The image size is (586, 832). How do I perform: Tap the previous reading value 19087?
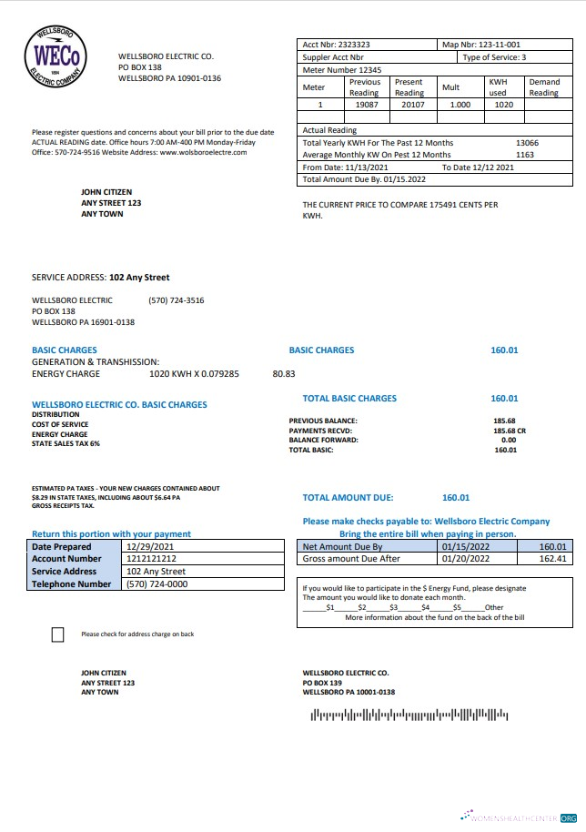pos(364,105)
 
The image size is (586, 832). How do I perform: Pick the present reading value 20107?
pos(408,105)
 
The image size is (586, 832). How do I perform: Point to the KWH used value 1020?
pos(502,105)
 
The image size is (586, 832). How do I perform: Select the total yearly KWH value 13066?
pos(527,143)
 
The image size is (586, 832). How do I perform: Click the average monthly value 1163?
pos(525,155)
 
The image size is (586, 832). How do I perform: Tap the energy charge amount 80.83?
pos(284,373)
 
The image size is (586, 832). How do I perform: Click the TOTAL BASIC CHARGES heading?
pos(349,399)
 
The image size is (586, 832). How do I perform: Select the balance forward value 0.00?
pos(509,440)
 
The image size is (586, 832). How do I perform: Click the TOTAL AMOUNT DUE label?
pos(348,498)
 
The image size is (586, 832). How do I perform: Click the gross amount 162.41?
pos(552,559)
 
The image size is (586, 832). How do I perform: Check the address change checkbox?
pos(58,634)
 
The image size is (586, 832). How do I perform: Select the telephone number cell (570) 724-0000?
pos(157,584)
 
